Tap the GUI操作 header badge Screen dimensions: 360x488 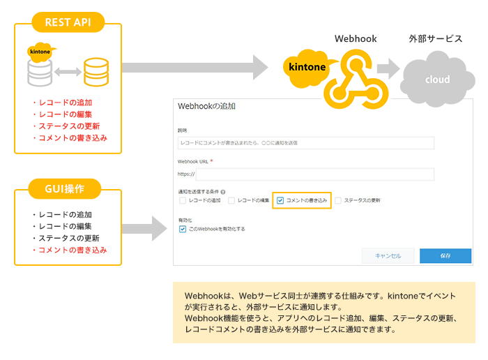pyautogui.click(x=68, y=188)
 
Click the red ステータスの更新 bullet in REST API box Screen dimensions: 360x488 pyautogui.click(x=68, y=126)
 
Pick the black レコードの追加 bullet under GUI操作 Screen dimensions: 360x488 pyautogui.click(x=64, y=214)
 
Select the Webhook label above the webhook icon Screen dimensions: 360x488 pyautogui.click(x=356, y=39)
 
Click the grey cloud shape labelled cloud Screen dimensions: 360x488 pyautogui.click(x=437, y=79)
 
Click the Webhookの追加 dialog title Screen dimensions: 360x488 pyautogui.click(x=207, y=107)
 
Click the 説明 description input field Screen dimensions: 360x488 pyautogui.click(x=306, y=143)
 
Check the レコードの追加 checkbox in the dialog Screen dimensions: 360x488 pyautogui.click(x=183, y=200)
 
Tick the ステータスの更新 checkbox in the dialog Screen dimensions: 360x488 pyautogui.click(x=338, y=200)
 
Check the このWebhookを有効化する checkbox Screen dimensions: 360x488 pyautogui.click(x=183, y=228)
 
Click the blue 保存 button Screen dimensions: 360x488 pyautogui.click(x=445, y=255)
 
